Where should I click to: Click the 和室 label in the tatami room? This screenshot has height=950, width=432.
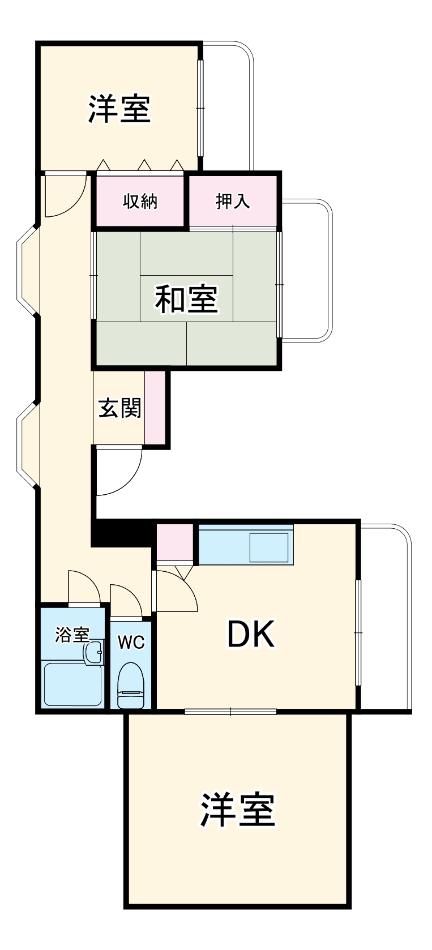[x=186, y=299]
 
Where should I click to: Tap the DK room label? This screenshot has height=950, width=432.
[x=251, y=634]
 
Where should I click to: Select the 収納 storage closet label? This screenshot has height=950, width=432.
[x=140, y=201]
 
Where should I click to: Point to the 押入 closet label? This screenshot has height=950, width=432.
[x=233, y=201]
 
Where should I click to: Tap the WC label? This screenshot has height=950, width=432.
[x=131, y=642]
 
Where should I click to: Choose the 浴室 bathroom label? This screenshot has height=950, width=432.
[x=72, y=635]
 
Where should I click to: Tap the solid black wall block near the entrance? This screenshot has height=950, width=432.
[x=122, y=533]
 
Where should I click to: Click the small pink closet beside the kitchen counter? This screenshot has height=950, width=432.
[x=174, y=542]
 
